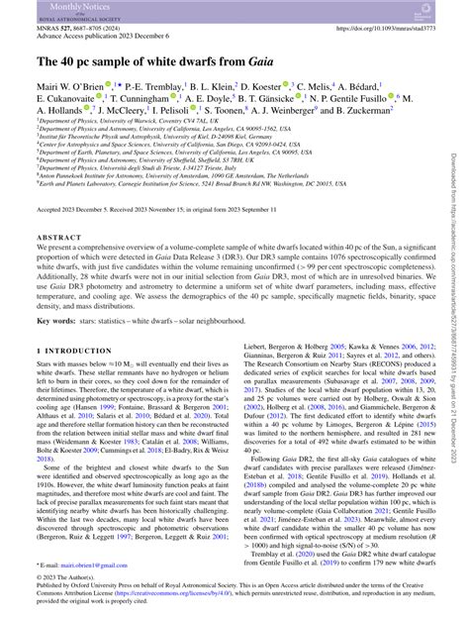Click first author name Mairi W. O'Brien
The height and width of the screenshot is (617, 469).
click(75, 87)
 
